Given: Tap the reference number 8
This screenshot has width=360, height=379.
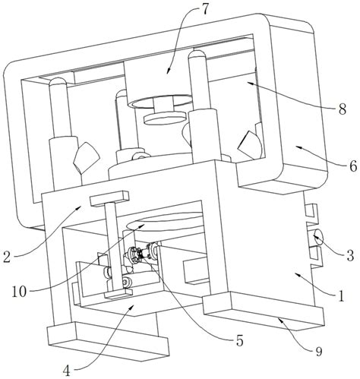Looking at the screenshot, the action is (x=342, y=109).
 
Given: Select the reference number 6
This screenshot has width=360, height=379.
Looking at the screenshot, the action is (x=352, y=166).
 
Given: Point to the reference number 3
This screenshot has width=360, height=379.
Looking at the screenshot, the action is (x=350, y=256).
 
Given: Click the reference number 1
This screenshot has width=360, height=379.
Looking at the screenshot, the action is (x=342, y=295).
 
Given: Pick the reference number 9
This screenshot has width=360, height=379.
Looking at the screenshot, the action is (x=318, y=352).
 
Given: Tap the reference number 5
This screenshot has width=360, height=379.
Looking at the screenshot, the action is (x=239, y=341).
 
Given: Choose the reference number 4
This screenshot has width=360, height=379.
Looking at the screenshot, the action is (x=66, y=371).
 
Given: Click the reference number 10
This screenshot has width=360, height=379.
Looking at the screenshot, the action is (x=19, y=292).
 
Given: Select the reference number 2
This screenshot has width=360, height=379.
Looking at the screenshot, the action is (x=8, y=256).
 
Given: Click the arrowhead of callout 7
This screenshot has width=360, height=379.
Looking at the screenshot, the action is (x=168, y=71).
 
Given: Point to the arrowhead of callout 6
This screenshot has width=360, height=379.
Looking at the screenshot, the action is (x=298, y=147).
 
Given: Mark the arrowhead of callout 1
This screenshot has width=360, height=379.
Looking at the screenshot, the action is (x=297, y=273).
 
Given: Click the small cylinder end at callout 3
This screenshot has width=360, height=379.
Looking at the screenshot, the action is (x=317, y=237).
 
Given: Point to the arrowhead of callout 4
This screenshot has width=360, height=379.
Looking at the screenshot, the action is (x=131, y=307).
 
